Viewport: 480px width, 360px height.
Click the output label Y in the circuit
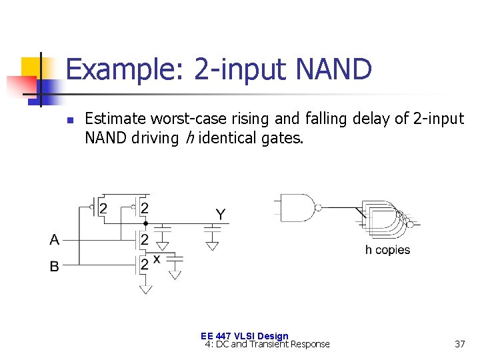coord(220,214)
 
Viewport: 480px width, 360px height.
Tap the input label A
coord(54,239)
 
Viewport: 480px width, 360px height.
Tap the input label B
coord(54,266)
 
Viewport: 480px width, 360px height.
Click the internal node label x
coord(157,258)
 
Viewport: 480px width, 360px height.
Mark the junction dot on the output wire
coord(146,223)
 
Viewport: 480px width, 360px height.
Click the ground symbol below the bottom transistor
coord(145,289)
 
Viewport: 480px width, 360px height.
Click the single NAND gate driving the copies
coord(299,207)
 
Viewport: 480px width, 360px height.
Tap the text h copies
coord(387,250)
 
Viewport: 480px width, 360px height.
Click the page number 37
coord(459,344)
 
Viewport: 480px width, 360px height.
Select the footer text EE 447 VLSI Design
coord(245,336)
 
